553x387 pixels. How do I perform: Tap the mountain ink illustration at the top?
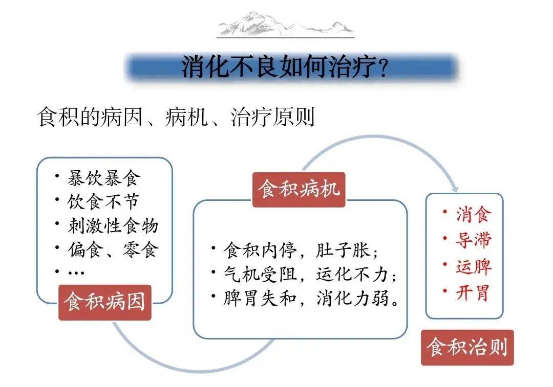pyautogui.click(x=286, y=24)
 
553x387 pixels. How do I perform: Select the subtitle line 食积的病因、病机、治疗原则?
pyautogui.click(x=176, y=117)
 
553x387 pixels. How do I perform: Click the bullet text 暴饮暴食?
pyautogui.click(x=103, y=178)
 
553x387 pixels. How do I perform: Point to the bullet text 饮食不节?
pyautogui.click(x=103, y=202)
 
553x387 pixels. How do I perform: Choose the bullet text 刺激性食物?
pyautogui.click(x=113, y=225)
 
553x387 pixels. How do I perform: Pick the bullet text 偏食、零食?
pyautogui.click(x=113, y=249)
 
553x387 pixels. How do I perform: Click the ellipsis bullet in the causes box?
pyautogui.click(x=76, y=272)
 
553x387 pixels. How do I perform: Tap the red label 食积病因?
pyautogui.click(x=105, y=302)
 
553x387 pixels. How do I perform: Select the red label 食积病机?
pyautogui.click(x=299, y=190)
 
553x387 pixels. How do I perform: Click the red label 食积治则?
pyautogui.click(x=467, y=348)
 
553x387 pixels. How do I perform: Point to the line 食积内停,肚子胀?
pyautogui.click(x=301, y=251)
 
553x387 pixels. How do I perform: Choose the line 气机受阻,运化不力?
pyautogui.click(x=310, y=275)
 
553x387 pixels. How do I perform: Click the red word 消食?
pyautogui.click(x=474, y=214)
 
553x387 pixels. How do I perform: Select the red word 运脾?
pyautogui.click(x=474, y=266)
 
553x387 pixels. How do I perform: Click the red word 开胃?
pyautogui.click(x=473, y=292)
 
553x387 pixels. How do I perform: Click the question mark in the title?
pyautogui.click(x=383, y=69)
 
